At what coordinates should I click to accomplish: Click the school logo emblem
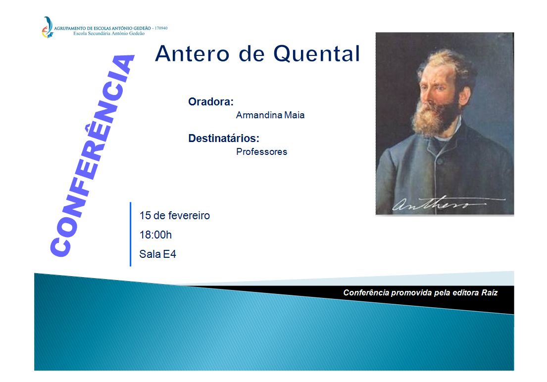47,27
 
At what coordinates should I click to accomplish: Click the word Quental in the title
316,54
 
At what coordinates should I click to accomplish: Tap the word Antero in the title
192,54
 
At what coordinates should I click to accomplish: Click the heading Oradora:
211,101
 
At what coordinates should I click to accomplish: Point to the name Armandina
258,115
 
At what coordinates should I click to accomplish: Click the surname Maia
294,115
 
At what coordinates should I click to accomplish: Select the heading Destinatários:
224,138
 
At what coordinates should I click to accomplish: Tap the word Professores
262,151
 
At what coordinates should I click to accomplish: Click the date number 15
145,216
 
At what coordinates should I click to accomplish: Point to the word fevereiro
190,216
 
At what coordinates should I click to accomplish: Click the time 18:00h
155,235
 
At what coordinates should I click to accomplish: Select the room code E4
169,254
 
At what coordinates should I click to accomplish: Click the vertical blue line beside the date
131,234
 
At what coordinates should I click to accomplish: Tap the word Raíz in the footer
490,293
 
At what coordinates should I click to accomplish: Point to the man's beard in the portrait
434,116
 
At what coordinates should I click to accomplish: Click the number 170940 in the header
161,28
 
